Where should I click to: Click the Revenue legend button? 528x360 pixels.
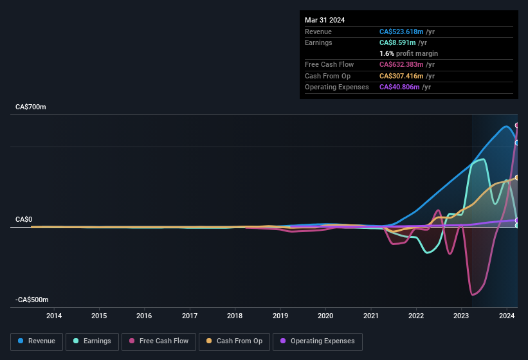tap(37, 341)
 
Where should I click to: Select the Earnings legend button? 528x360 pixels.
tap(92, 341)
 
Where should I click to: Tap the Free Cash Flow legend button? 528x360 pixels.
tap(159, 341)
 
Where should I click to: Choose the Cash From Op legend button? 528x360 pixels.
tap(233, 341)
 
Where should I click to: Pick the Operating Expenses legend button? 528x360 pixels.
tap(318, 341)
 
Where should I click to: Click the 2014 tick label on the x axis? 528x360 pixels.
tap(54, 316)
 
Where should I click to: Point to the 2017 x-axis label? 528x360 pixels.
tap(190, 316)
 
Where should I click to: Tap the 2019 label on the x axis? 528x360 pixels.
tap(280, 316)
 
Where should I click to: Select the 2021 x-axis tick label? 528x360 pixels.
tap(371, 316)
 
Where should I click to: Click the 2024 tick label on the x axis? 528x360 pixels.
tap(507, 316)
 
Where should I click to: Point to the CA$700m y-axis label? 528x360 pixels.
tap(31, 107)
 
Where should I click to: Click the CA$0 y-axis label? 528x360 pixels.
tap(24, 219)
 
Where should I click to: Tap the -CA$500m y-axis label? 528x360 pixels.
tap(32, 300)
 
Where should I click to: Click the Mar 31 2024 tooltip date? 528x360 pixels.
tap(325, 20)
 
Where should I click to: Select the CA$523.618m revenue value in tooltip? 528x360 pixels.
tap(407, 32)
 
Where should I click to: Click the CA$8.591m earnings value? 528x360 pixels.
tap(399, 42)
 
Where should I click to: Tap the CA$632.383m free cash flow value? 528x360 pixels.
tap(407, 64)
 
